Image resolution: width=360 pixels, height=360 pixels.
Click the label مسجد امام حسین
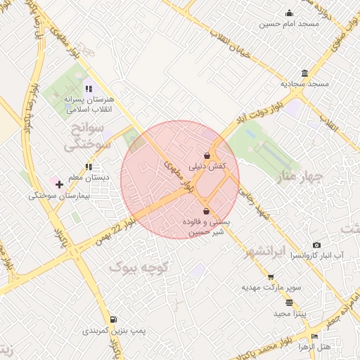(x=289, y=23)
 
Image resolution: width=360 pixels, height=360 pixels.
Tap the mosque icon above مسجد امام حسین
(x=289, y=13)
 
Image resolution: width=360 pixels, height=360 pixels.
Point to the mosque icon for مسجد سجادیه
(x=304, y=73)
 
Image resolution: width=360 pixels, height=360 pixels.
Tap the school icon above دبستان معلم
(x=89, y=167)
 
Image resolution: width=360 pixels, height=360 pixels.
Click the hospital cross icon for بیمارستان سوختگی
(x=59, y=184)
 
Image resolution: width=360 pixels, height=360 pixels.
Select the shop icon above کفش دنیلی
(x=207, y=155)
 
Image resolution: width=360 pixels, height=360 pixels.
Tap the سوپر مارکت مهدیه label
(x=271, y=287)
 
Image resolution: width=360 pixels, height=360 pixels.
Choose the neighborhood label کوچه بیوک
(x=141, y=267)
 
